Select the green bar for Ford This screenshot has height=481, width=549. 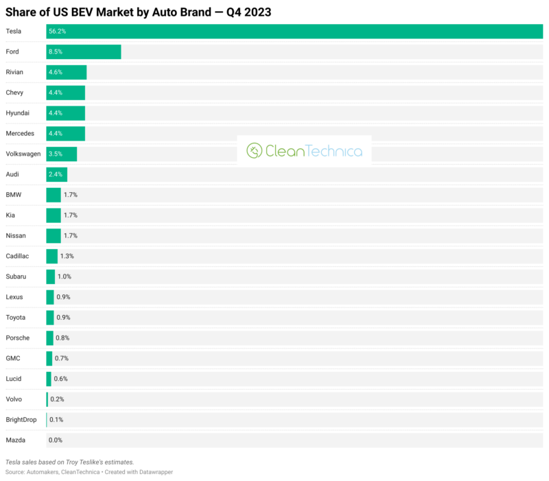pyautogui.click(x=84, y=51)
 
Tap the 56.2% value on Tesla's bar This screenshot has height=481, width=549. pyautogui.click(x=57, y=32)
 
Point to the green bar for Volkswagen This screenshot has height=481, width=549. pyautogui.click(x=62, y=154)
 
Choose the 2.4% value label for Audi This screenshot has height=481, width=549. pyautogui.click(x=56, y=174)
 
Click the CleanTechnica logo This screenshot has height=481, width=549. pyautogui.click(x=304, y=150)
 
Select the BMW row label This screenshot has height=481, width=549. pyautogui.click(x=14, y=195)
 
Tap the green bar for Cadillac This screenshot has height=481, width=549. pyautogui.click(x=52, y=256)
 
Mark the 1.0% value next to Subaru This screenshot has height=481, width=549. pyautogui.click(x=65, y=277)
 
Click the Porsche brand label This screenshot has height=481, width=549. pyautogui.click(x=18, y=338)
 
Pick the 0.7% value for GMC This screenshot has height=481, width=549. pyautogui.click(x=62, y=358)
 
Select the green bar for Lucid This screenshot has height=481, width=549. pyautogui.click(x=49, y=379)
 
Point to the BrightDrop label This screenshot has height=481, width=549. pyautogui.click(x=21, y=419)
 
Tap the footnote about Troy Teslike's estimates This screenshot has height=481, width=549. pyautogui.click(x=69, y=462)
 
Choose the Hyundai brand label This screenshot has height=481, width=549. pyautogui.click(x=18, y=113)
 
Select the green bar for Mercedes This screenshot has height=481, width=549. pyautogui.click(x=66, y=133)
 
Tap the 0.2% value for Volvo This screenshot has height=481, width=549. pyautogui.click(x=57, y=399)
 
